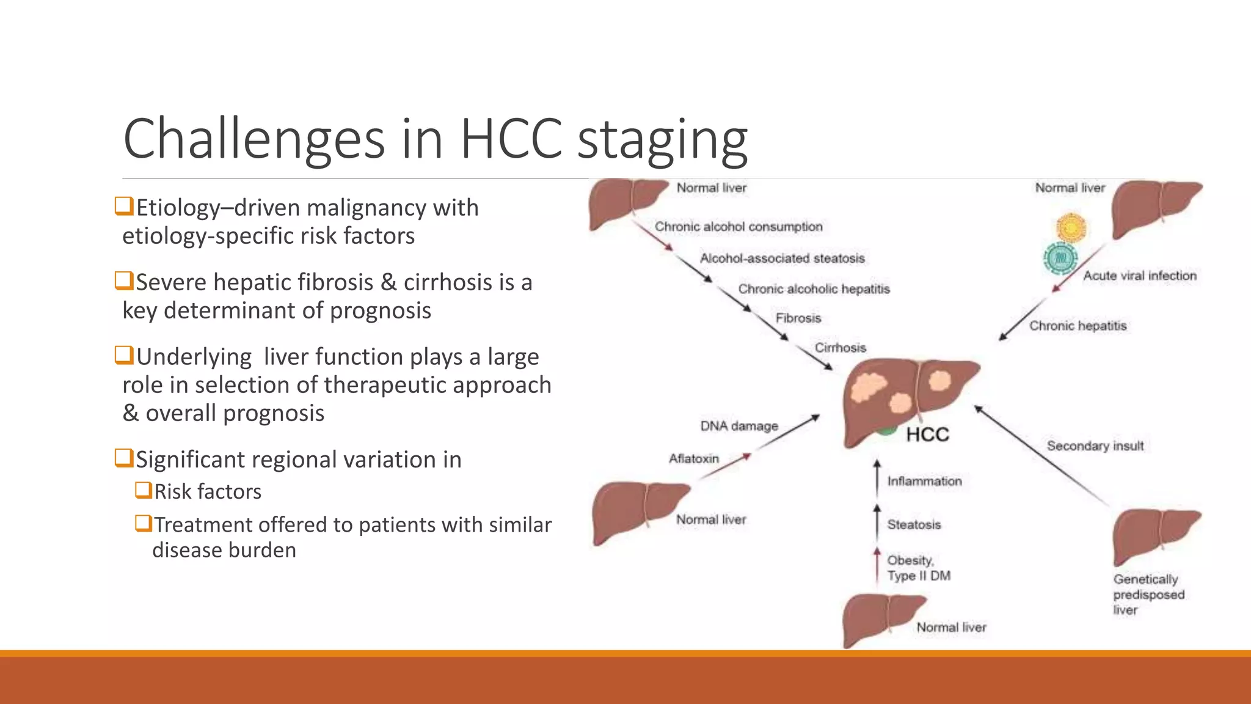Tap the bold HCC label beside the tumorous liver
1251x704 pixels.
[927, 435]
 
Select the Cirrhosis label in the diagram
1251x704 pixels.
[840, 348]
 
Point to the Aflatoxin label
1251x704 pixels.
[694, 458]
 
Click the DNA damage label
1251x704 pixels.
[739, 426]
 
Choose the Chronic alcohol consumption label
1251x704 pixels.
[739, 227]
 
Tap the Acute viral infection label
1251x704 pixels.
[1140, 276]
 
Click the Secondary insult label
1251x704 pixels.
[1095, 446]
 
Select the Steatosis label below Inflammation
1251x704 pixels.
[914, 524]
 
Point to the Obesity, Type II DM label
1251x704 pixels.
[918, 568]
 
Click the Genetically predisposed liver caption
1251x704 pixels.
[1148, 594]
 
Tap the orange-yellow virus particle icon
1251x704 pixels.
[1071, 227]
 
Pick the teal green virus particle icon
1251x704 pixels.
[1060, 258]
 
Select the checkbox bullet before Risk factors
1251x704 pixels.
[144, 490]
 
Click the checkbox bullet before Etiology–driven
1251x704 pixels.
[124, 206]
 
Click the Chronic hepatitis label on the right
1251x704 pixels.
[1078, 326]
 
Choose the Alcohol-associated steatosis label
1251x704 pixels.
[782, 258]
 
